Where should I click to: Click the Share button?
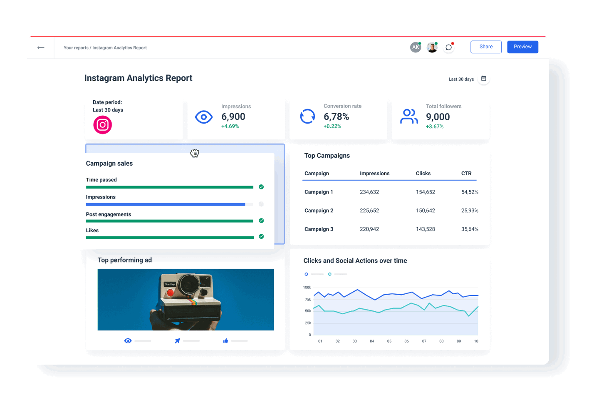click(x=486, y=47)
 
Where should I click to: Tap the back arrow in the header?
click(x=41, y=48)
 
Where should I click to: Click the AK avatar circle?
click(x=415, y=47)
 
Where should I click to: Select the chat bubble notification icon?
click(x=448, y=47)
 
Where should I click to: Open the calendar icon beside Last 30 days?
click(x=484, y=79)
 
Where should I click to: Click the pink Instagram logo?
click(x=102, y=125)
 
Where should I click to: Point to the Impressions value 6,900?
click(x=233, y=117)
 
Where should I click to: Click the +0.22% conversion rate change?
click(x=332, y=127)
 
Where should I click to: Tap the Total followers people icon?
click(x=409, y=117)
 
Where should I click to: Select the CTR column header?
click(x=466, y=174)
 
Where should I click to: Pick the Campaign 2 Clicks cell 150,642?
click(x=425, y=211)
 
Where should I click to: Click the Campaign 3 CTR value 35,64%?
click(x=470, y=229)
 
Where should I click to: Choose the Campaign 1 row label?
click(x=319, y=192)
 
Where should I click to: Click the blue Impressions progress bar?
click(x=166, y=204)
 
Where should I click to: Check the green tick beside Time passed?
click(x=261, y=187)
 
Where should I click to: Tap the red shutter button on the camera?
click(x=170, y=293)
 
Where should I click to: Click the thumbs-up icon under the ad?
click(x=225, y=341)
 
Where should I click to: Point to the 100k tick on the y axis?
click(x=307, y=288)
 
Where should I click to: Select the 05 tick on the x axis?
click(x=389, y=341)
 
